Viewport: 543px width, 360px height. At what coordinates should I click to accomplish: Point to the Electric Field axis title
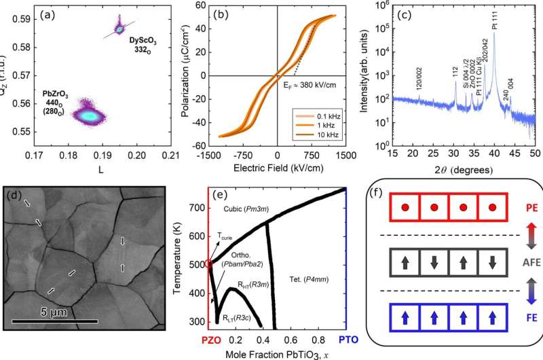(x=277, y=166)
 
